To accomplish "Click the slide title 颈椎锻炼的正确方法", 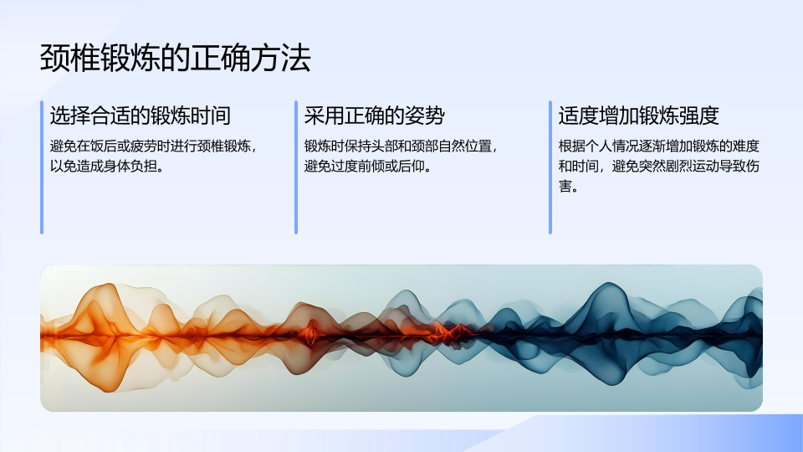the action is point(175,58).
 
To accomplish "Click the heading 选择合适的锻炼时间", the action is point(141,116).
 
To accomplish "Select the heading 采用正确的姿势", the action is point(375,116).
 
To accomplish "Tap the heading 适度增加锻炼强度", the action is point(638,116).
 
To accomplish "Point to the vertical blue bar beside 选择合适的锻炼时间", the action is point(42,167).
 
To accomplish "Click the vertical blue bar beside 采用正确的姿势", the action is point(296,167).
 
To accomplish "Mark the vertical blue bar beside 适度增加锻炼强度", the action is point(550,167).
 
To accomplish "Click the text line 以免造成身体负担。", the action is point(107,167).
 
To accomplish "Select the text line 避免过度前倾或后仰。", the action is point(368,167).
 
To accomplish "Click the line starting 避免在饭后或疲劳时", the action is point(152,146).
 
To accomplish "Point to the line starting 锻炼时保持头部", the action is point(401,146).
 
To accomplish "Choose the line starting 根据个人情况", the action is point(658,146).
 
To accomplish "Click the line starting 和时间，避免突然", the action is point(658,167).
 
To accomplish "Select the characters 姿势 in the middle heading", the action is point(425,116).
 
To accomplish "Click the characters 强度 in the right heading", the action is point(699,116).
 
